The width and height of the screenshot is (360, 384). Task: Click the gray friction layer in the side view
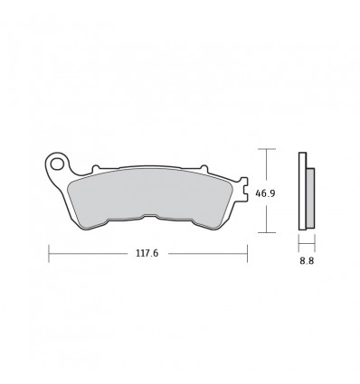pyautogui.click(x=310, y=198)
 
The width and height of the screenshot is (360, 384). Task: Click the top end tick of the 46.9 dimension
pyautogui.click(x=265, y=150)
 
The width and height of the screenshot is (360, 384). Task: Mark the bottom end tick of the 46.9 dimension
pyautogui.click(x=265, y=232)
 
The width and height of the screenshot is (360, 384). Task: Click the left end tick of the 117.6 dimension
pyautogui.click(x=49, y=254)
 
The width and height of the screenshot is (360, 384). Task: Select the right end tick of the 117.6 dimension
pyautogui.click(x=250, y=254)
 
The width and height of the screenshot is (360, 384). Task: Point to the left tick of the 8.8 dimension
pyautogui.click(x=299, y=245)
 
